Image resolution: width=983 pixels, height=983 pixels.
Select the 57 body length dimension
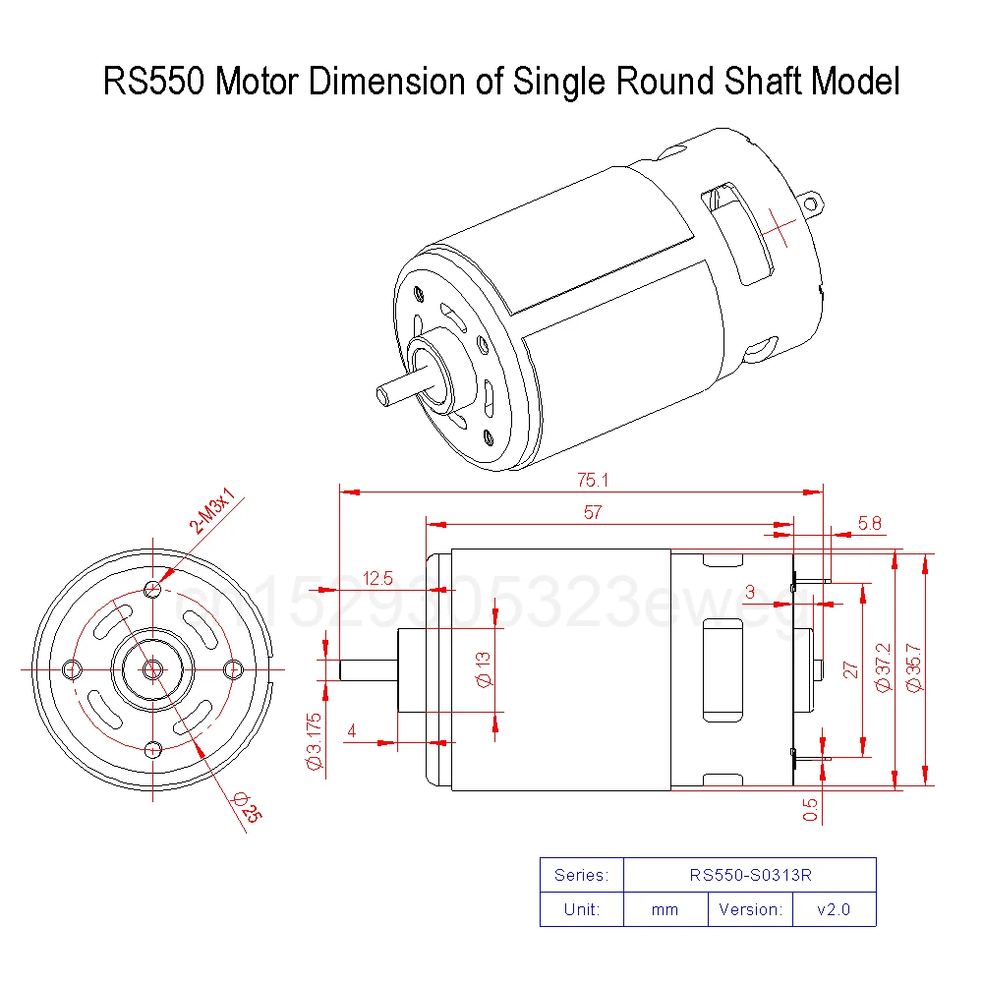pos(592,513)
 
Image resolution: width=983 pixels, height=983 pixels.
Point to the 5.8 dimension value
pos(869,524)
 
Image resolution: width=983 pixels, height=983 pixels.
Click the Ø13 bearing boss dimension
pos(484,674)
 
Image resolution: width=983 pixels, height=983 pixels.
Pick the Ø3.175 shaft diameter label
pos(315,739)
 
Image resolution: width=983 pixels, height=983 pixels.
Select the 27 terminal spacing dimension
pos(851,669)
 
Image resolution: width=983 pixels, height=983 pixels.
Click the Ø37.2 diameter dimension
pos(882,669)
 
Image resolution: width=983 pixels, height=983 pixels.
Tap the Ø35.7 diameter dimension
pos(913,669)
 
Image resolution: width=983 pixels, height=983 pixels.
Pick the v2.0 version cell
pos(833,909)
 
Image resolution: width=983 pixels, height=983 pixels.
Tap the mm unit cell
pos(665,909)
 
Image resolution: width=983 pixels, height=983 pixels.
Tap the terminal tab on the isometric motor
pos(812,203)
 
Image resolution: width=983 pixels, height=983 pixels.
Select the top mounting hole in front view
pos(152,589)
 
